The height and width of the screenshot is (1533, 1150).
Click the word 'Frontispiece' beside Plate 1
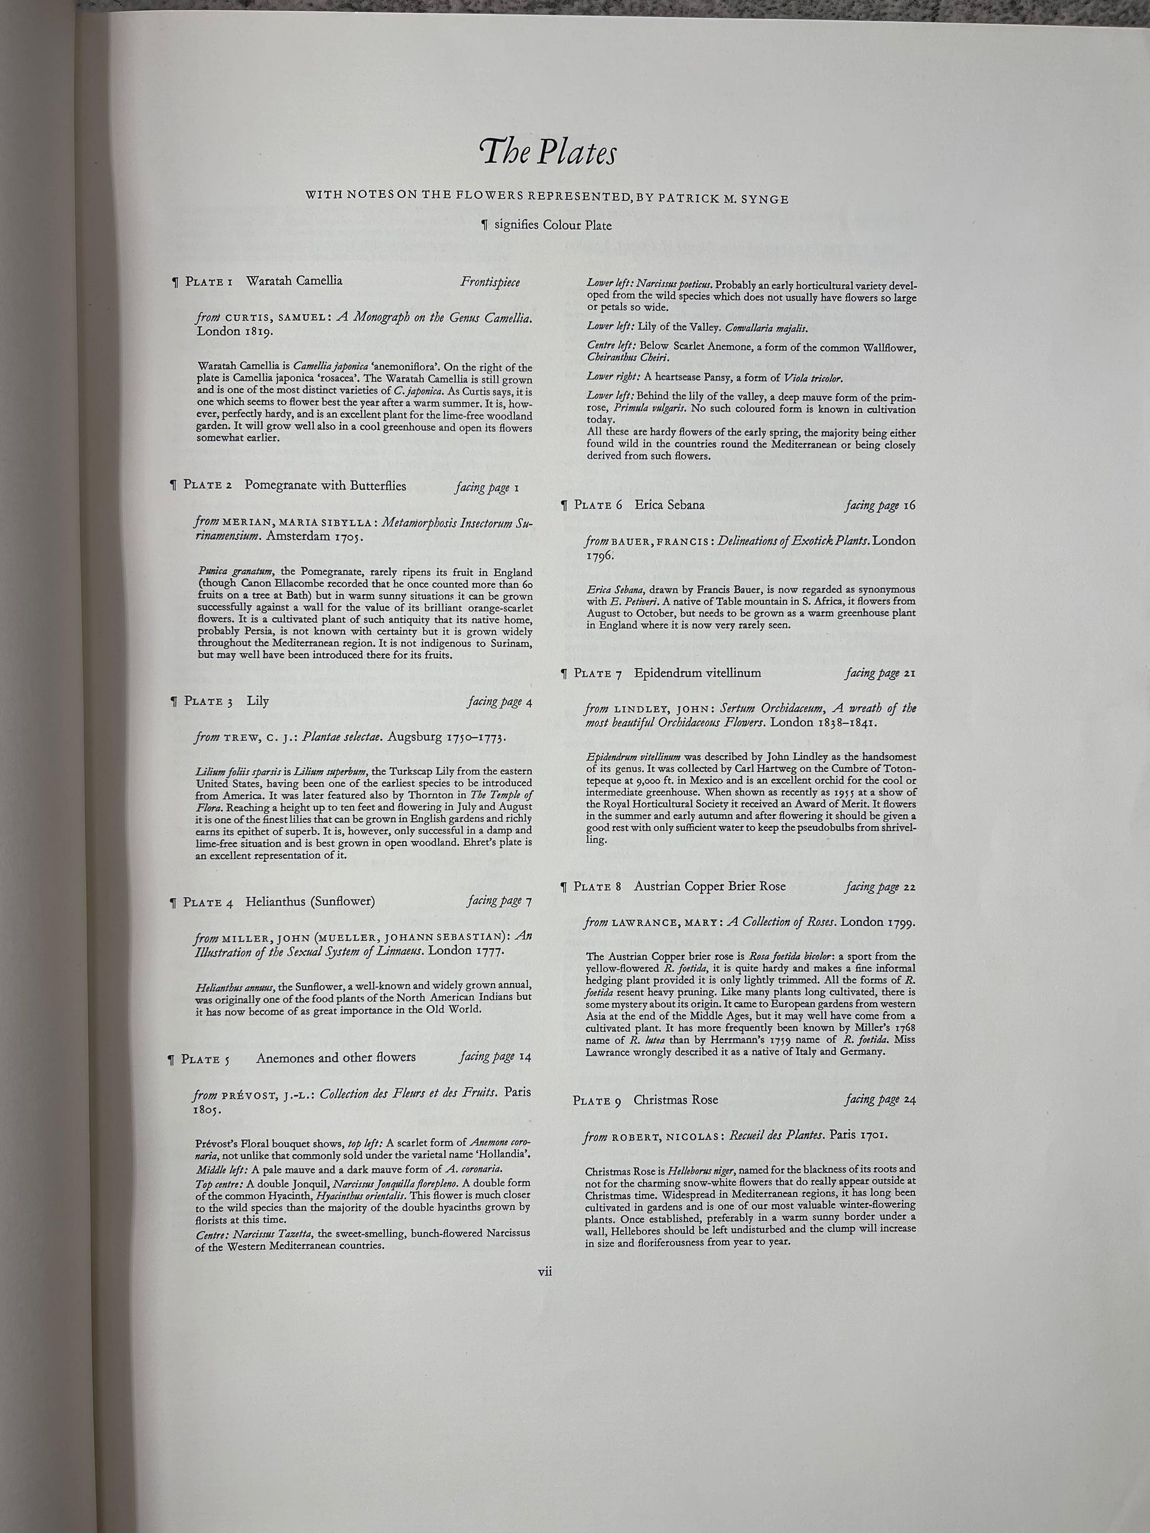pos(489,282)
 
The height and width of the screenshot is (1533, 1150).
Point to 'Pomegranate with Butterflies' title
pos(325,486)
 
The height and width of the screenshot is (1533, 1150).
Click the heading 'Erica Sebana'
pos(669,505)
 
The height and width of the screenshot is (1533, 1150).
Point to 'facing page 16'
pos(880,506)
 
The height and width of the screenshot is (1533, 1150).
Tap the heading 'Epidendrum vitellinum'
pos(697,673)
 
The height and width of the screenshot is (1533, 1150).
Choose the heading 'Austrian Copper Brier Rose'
pos(709,886)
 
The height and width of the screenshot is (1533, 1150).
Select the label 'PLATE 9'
pos(597,1100)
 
